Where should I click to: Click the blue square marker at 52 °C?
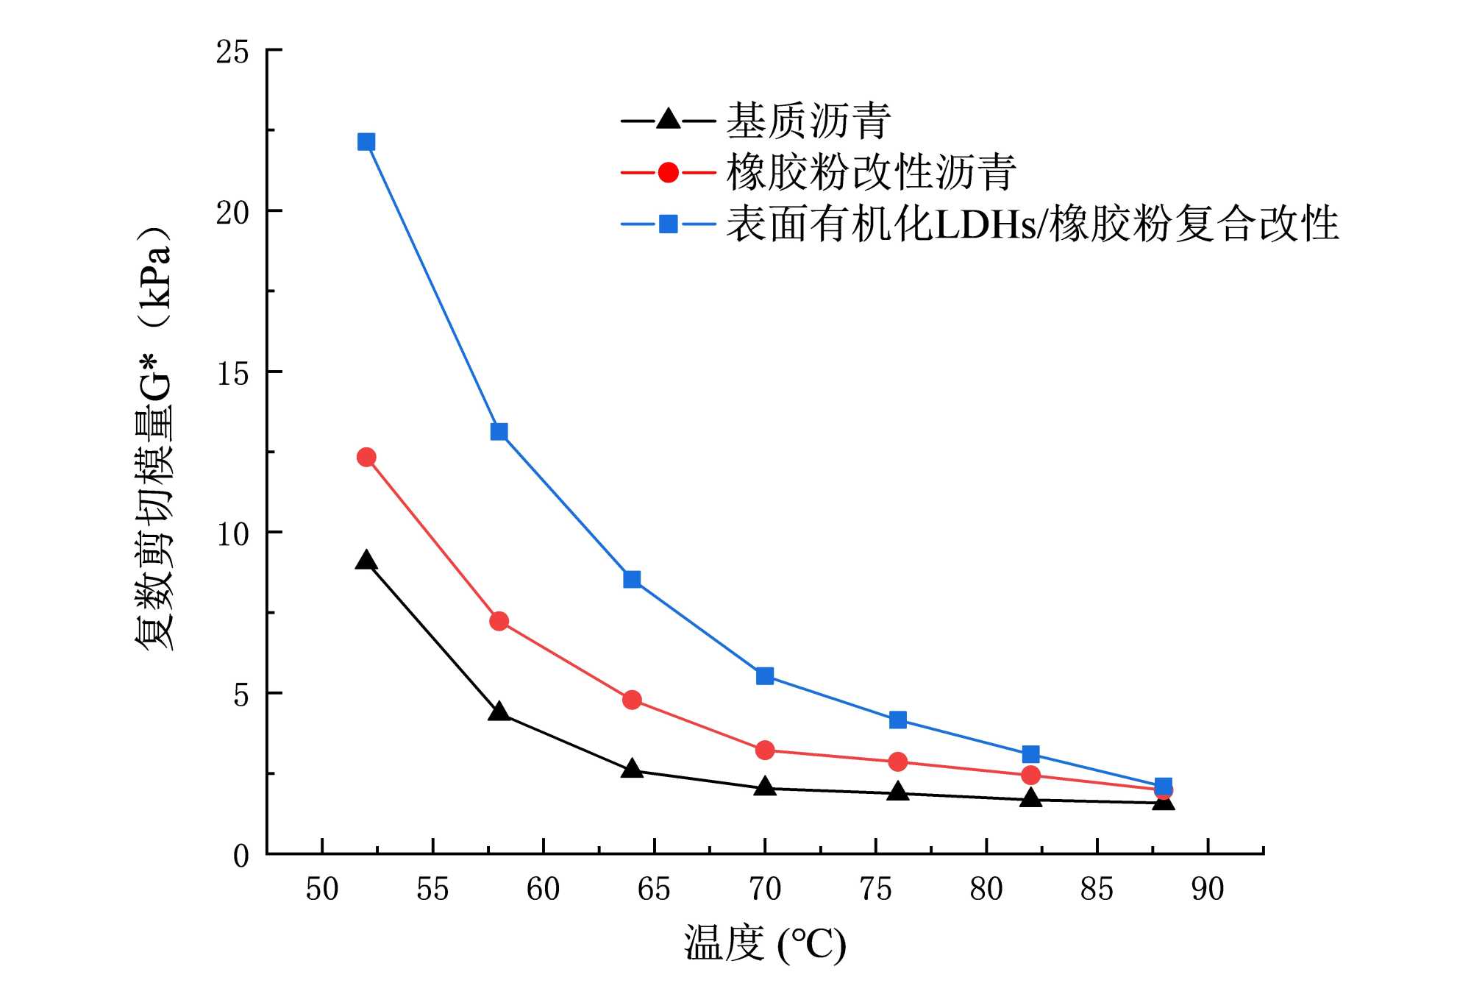(366, 141)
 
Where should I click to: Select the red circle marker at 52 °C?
(366, 458)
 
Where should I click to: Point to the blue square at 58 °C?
(499, 431)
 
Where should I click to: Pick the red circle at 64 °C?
(632, 700)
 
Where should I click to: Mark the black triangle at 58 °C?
(499, 711)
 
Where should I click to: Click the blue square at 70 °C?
(765, 675)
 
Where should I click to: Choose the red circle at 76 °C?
(898, 762)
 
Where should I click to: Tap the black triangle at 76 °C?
(898, 792)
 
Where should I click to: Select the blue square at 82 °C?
(1031, 754)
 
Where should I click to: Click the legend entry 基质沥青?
(808, 121)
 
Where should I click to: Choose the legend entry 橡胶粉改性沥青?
(871, 173)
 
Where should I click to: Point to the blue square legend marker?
(668, 224)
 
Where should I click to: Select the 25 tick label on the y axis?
(232, 52)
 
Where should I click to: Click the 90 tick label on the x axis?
(1208, 890)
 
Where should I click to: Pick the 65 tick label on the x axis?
(654, 890)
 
